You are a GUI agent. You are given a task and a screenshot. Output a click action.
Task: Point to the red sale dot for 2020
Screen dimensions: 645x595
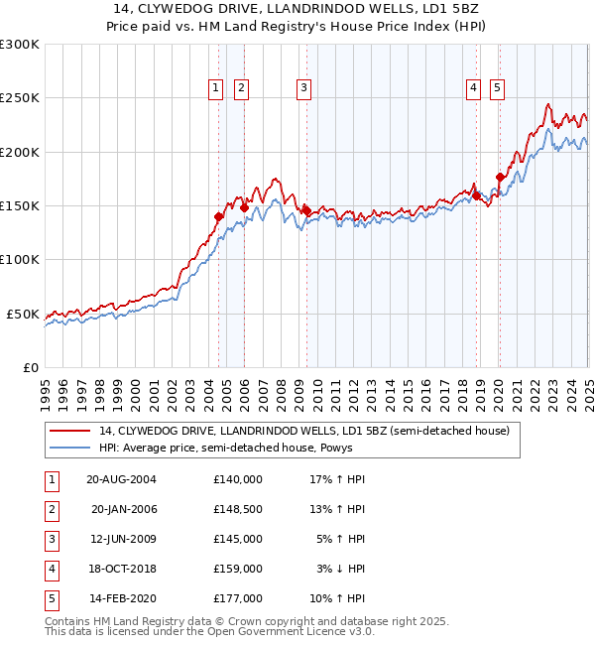pyautogui.click(x=500, y=177)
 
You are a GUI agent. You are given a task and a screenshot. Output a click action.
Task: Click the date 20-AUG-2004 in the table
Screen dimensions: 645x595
pyautogui.click(x=121, y=479)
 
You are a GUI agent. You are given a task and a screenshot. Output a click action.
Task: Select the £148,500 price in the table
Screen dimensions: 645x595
pyautogui.click(x=237, y=509)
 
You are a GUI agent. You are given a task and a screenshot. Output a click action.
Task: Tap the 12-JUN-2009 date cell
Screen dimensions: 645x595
pyautogui.click(x=122, y=539)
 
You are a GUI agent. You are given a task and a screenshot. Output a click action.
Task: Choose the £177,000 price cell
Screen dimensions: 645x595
pyautogui.click(x=237, y=598)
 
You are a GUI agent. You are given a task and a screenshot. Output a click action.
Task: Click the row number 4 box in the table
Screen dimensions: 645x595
pyautogui.click(x=51, y=569)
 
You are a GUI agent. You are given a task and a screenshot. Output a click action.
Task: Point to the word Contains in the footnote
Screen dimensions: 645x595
pyautogui.click(x=68, y=622)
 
